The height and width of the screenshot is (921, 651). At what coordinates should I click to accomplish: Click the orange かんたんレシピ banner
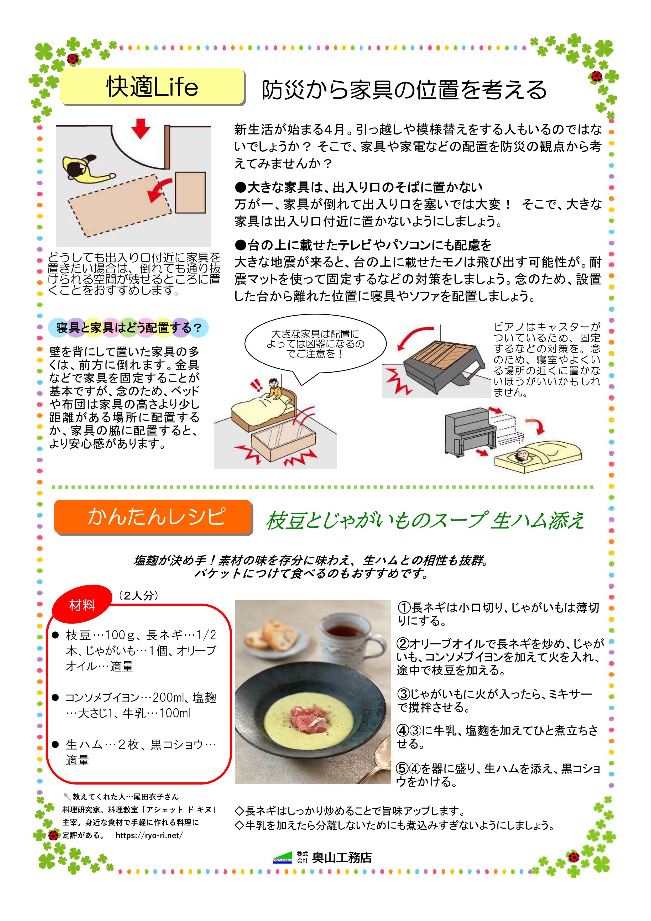point(153,517)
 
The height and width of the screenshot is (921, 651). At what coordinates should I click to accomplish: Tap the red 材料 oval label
point(82,605)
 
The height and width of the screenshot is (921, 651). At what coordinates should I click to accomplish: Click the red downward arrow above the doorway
point(140,128)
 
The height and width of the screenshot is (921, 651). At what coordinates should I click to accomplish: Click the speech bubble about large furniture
point(315,345)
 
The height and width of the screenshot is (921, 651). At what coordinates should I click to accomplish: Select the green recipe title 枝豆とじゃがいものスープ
point(377,520)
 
